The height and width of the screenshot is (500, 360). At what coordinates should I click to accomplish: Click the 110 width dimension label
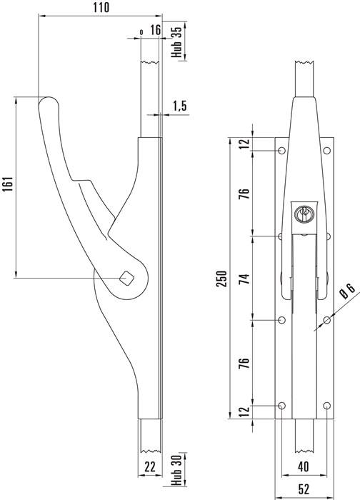(x=101, y=8)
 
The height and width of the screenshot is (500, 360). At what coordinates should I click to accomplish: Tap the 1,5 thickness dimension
(x=179, y=106)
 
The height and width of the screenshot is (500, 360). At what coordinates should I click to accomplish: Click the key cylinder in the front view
(x=303, y=212)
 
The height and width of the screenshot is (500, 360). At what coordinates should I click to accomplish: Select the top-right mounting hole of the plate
(x=328, y=151)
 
